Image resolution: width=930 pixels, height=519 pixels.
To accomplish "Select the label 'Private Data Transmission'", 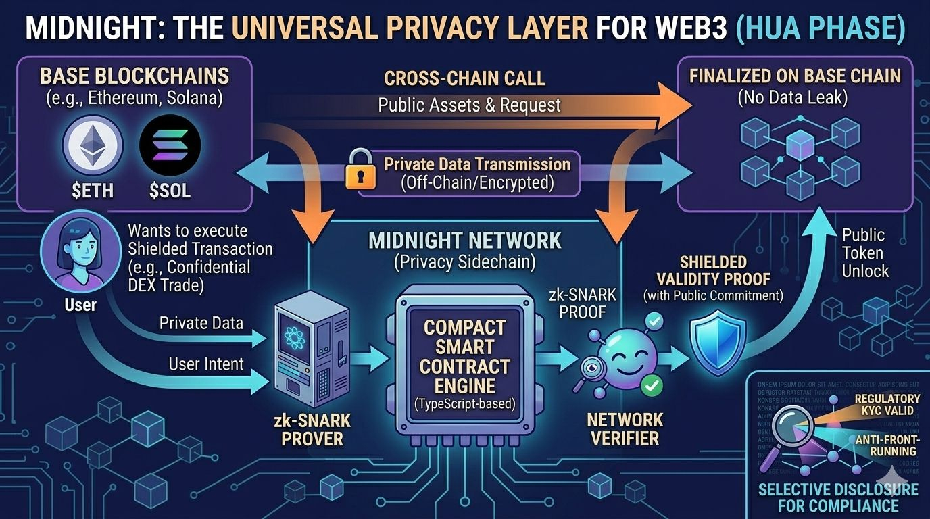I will pos(477,164).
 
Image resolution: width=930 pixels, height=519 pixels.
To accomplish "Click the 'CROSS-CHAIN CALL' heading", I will pos(464,78).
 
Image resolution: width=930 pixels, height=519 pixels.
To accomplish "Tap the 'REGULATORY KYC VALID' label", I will pos(887,405).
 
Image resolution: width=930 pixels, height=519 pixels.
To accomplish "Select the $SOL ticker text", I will pos(170,191).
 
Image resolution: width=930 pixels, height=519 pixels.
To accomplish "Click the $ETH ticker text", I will pos(93,191).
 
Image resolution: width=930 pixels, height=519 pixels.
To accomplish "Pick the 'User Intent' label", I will pos(206,364).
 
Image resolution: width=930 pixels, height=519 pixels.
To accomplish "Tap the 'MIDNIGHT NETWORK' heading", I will pos(464,241).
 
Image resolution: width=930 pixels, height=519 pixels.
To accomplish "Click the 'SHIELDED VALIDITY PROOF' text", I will pos(714,270).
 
